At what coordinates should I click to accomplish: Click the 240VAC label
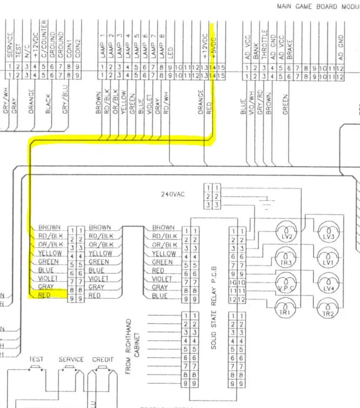pyautogui.click(x=173, y=194)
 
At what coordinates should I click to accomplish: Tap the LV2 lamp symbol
pyautogui.click(x=286, y=236)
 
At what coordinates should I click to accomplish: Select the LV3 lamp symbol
pyautogui.click(x=328, y=236)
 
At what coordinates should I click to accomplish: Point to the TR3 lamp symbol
pyautogui.click(x=286, y=261)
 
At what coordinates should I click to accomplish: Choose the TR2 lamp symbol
pyautogui.click(x=328, y=312)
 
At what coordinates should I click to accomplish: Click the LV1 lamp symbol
pyautogui.click(x=328, y=261)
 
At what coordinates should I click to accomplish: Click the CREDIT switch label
pyautogui.click(x=103, y=359)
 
